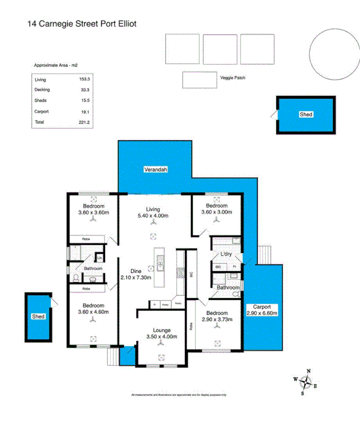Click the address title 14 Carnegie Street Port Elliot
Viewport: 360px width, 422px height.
click(81, 24)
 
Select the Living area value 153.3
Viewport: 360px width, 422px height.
click(84, 80)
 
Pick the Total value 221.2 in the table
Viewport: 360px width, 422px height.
click(84, 122)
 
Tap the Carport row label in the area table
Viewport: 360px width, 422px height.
click(41, 111)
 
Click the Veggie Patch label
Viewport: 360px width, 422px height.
click(232, 78)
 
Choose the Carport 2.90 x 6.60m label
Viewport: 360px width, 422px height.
click(263, 310)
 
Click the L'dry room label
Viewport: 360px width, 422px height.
click(226, 255)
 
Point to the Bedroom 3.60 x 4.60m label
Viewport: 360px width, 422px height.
click(93, 309)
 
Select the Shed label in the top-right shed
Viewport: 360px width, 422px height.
click(306, 114)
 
